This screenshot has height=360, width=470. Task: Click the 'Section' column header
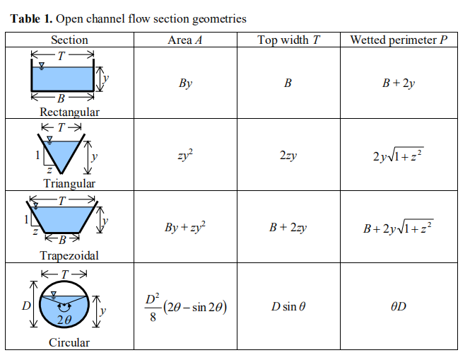(69, 40)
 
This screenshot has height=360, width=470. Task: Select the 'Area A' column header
(185, 40)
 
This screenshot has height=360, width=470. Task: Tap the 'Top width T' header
(288, 40)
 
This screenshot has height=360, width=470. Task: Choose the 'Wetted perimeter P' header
(399, 40)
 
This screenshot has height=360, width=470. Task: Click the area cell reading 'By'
(185, 83)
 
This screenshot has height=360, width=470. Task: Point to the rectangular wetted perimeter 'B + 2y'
(399, 83)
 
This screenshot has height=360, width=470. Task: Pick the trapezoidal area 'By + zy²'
(185, 228)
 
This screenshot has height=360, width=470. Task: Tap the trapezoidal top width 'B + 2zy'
(288, 228)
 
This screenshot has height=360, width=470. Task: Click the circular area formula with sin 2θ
(185, 308)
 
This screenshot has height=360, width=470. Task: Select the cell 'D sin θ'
(288, 308)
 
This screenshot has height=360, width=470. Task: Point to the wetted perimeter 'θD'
(399, 308)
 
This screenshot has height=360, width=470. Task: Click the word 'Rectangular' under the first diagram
(69, 112)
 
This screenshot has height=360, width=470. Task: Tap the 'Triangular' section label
(69, 184)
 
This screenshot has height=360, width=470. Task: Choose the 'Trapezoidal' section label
(69, 255)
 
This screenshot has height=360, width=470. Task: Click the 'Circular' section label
(69, 343)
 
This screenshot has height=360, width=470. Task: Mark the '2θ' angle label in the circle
(64, 320)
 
